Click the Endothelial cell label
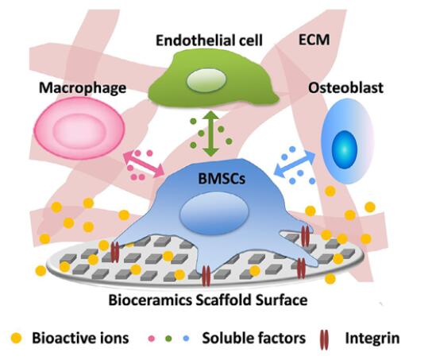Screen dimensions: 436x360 tap(209, 41)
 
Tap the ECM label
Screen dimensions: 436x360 tap(314, 40)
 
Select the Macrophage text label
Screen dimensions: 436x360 tap(83, 88)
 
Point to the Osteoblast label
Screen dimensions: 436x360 tap(345, 88)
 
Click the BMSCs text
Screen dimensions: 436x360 tap(222, 179)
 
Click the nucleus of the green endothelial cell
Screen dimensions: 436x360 tap(206, 80)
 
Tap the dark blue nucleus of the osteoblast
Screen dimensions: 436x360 tap(344, 149)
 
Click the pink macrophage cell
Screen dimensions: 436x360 tap(79, 129)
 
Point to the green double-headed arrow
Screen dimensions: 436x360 tap(211, 134)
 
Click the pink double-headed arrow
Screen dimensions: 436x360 tap(144, 165)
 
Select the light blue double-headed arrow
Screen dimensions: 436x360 tap(295, 164)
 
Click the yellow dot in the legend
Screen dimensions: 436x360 tap(16, 338)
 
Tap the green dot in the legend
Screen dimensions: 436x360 tap(168, 339)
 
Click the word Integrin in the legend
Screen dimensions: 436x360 tap(372, 339)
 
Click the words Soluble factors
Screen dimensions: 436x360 tap(253, 338)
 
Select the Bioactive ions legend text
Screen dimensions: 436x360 tap(80, 338)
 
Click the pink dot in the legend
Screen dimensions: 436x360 tap(152, 339)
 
